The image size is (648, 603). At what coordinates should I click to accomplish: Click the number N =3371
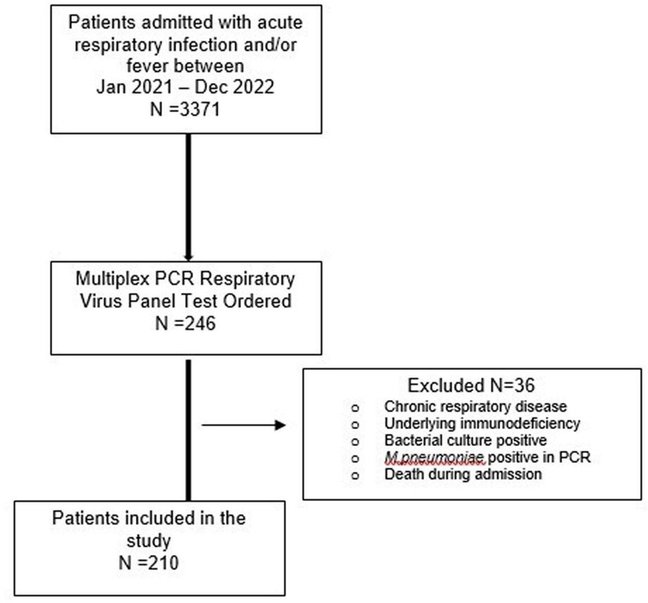(185, 109)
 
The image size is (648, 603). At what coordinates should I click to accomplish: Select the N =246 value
(185, 323)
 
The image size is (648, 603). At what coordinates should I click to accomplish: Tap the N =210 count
(148, 562)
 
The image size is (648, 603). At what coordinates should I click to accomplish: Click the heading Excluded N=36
(471, 385)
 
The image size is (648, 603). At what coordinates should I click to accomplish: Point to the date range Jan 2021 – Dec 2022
(185, 87)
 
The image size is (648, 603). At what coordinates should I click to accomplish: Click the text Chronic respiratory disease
(475, 407)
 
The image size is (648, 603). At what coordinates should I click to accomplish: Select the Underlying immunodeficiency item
(482, 423)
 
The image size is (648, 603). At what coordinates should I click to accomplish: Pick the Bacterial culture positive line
(465, 440)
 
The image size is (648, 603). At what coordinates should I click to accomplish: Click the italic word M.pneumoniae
(434, 458)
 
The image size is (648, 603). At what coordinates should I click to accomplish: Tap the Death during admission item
(463, 474)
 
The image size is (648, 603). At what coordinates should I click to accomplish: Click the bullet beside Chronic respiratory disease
(355, 408)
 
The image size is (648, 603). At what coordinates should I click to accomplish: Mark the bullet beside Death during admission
(355, 475)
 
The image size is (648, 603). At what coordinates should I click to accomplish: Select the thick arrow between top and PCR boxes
(188, 197)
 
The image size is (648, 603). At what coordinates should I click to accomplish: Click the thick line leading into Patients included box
(188, 430)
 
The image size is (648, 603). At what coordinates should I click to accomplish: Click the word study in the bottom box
(148, 541)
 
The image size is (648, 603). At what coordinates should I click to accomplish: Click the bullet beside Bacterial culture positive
(355, 441)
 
